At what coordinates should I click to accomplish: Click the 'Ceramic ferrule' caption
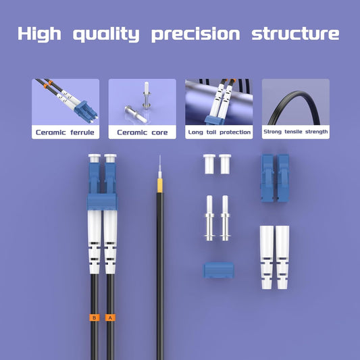pos(66,132)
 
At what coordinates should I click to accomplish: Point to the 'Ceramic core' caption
pos(142,132)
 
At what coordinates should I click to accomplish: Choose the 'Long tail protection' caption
pos(219,132)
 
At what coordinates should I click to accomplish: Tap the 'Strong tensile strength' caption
pos(296,132)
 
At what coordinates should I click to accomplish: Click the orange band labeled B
pos(95,317)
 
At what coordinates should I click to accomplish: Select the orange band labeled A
pos(110,317)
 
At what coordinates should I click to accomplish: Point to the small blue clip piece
pos(218,271)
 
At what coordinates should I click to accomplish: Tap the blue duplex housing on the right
pos(274,177)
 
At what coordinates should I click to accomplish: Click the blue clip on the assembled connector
pos(102,201)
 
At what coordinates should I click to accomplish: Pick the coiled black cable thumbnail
pos(296,102)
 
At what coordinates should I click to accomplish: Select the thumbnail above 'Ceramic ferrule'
pos(66,102)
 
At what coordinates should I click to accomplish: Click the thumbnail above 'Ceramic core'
pos(142,102)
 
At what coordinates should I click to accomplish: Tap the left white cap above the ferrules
pos(209,163)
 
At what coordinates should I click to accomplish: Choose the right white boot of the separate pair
pos(282,256)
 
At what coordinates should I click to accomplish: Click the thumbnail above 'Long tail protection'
pos(219,102)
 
